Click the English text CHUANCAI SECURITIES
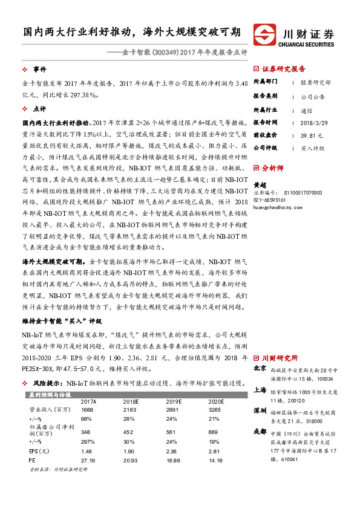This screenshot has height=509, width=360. pos(306,44)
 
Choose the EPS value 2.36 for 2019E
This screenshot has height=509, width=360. pos(173,450)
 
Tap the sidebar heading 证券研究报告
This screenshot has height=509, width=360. pos(283,68)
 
